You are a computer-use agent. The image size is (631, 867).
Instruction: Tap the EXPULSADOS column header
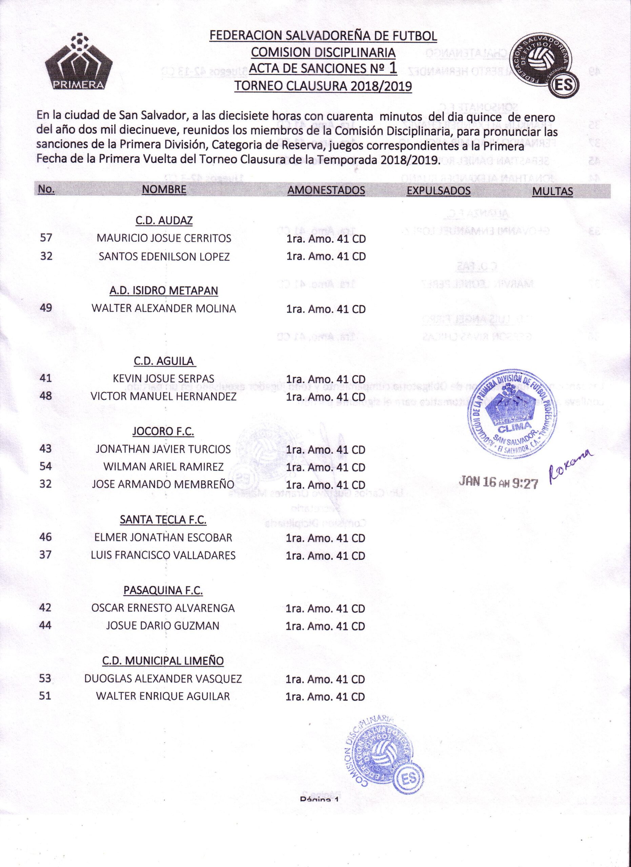[438, 191]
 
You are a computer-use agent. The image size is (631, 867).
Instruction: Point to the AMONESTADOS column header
[326, 190]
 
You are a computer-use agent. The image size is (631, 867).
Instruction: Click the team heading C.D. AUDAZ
[164, 220]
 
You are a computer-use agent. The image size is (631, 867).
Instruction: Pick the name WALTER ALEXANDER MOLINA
[164, 309]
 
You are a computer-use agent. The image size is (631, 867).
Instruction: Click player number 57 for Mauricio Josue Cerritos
[46, 238]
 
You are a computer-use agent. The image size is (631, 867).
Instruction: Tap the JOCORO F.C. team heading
[163, 431]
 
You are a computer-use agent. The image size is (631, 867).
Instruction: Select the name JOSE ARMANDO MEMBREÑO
[163, 484]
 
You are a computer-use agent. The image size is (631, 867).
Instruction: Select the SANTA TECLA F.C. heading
[163, 520]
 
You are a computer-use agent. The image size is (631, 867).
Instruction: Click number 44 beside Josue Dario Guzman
[45, 626]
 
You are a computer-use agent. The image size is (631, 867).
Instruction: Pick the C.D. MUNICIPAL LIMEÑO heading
[163, 661]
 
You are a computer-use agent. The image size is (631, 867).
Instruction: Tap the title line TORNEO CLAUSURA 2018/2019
[323, 86]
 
